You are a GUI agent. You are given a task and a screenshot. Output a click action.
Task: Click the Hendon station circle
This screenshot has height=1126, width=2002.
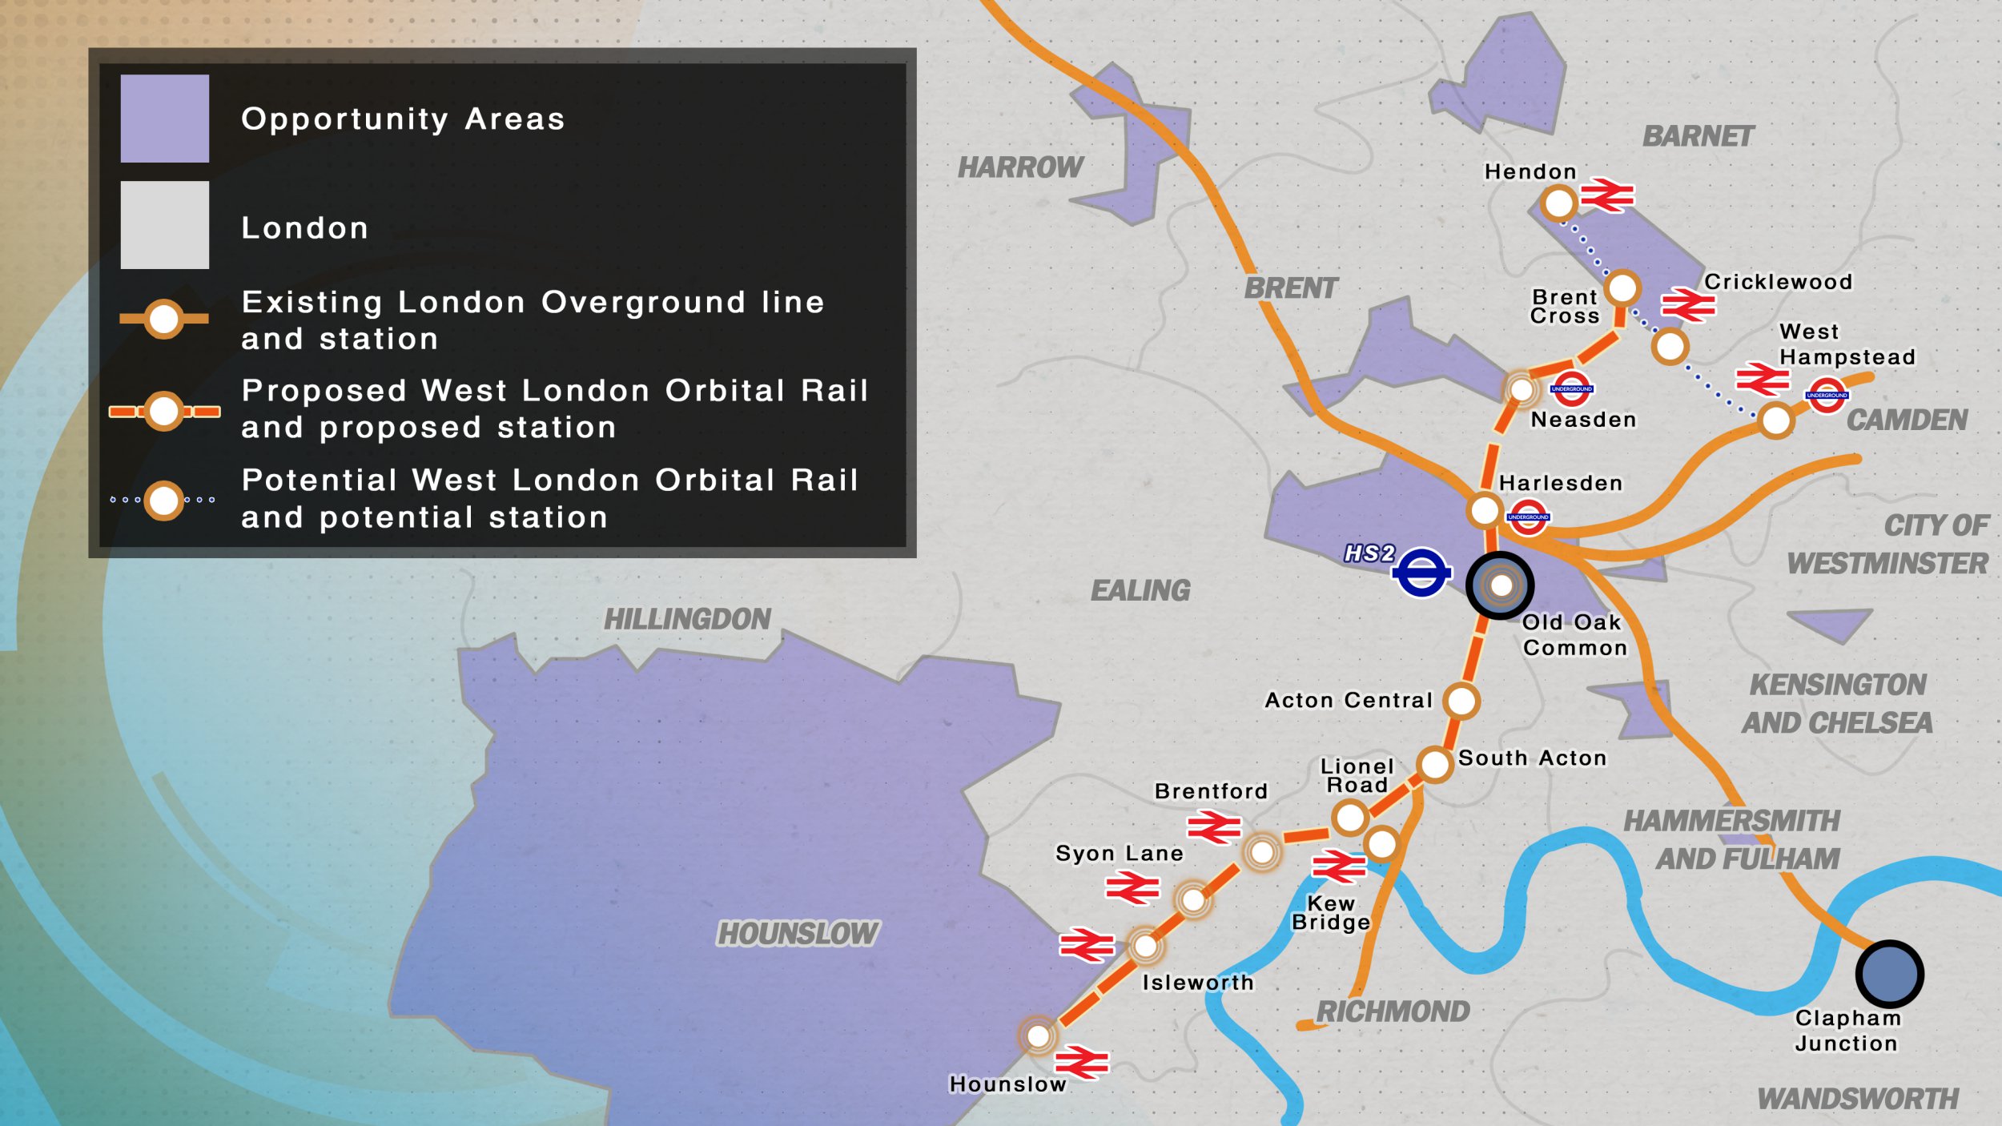click(1558, 203)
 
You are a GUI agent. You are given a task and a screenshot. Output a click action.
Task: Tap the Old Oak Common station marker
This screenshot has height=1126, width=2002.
click(1501, 585)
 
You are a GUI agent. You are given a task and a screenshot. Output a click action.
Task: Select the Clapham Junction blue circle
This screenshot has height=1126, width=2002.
click(1889, 974)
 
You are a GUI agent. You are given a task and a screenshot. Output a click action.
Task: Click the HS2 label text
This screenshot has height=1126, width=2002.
click(1369, 553)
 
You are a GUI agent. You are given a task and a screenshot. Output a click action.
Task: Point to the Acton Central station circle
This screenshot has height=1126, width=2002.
click(1461, 701)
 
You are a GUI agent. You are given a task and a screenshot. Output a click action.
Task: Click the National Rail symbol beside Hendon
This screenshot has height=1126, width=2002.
click(1606, 195)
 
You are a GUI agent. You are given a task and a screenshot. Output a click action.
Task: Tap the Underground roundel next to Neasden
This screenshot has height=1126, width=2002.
click(1572, 389)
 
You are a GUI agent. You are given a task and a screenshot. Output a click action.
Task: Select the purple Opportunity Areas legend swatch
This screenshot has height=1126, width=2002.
click(165, 119)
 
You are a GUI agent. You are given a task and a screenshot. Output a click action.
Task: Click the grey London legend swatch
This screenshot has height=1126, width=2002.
click(165, 225)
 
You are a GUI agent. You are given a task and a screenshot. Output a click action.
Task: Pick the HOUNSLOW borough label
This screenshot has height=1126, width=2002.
click(798, 934)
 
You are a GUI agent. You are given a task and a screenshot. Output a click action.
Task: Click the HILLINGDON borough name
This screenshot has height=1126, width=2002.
click(687, 619)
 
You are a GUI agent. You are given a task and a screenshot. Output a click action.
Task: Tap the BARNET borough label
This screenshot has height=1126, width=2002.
click(1698, 137)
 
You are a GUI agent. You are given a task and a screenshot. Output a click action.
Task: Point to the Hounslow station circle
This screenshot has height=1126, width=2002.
click(1039, 1036)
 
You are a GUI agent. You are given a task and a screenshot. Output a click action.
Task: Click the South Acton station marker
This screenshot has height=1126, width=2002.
click(1434, 764)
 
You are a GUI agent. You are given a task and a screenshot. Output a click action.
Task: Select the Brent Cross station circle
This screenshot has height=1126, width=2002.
click(1622, 288)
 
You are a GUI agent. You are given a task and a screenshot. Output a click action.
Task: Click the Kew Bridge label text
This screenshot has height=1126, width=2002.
click(1331, 913)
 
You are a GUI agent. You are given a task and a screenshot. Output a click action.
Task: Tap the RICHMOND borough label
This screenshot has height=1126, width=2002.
click(1393, 1011)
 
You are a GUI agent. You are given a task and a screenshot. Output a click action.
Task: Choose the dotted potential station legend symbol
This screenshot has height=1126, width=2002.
click(164, 501)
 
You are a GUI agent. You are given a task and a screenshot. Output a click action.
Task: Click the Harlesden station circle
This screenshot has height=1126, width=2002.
click(1485, 509)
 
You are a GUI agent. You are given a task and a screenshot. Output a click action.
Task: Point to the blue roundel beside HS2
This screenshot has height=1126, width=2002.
click(1421, 572)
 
